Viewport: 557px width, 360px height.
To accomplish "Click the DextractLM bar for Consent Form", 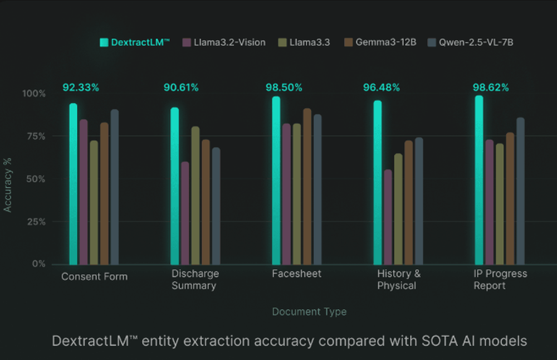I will pyautogui.click(x=73, y=184).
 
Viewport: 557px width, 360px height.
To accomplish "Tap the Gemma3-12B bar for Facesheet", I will pyautogui.click(x=307, y=186).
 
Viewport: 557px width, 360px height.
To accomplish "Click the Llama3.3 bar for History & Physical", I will pyautogui.click(x=398, y=209).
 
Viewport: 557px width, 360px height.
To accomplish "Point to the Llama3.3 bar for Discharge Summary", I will pyautogui.click(x=195, y=195).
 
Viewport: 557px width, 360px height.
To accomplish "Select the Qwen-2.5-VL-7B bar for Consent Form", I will pyautogui.click(x=114, y=187).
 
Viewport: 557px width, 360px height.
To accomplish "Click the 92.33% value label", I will pyautogui.click(x=81, y=87).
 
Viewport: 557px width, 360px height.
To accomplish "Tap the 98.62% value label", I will pyautogui.click(x=491, y=87).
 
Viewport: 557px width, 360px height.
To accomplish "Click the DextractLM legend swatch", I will pyautogui.click(x=104, y=42).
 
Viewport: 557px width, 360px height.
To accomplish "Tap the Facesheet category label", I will pyautogui.click(x=297, y=274).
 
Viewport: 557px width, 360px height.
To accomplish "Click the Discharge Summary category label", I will pyautogui.click(x=194, y=280).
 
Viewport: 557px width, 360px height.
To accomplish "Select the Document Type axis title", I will pyautogui.click(x=309, y=312).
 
